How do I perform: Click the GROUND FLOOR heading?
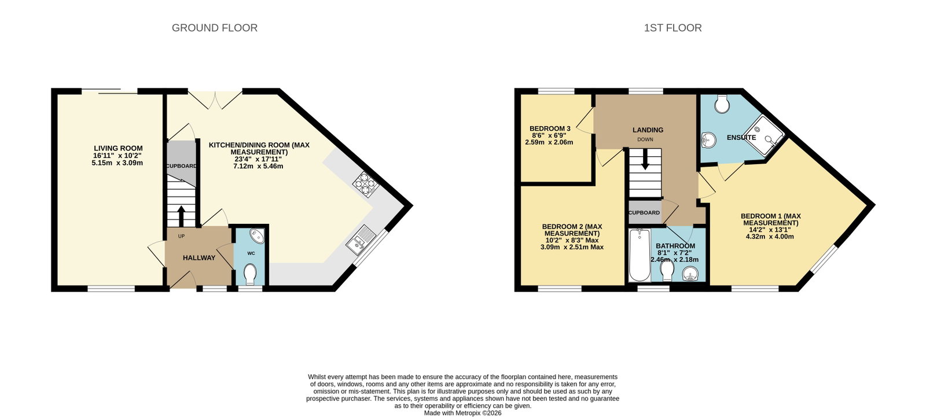click(x=215, y=28)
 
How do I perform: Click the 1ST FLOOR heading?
click(x=673, y=28)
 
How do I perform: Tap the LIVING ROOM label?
click(x=118, y=148)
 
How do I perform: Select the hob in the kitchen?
click(x=366, y=183)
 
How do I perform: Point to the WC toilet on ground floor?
click(x=249, y=274)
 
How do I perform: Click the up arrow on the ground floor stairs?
click(x=181, y=216)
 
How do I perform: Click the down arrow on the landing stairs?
click(x=645, y=160)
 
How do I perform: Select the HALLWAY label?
click(x=199, y=258)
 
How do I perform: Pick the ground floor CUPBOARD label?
click(x=182, y=166)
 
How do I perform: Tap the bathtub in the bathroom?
click(x=639, y=255)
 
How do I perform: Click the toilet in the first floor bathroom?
click(x=667, y=271)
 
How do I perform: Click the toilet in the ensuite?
click(x=722, y=104)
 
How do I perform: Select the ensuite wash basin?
click(x=708, y=140)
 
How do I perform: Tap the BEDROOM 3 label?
click(x=550, y=128)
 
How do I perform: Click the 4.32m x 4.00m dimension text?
click(x=770, y=237)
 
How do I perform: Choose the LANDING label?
click(x=648, y=130)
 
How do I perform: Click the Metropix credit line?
click(x=462, y=413)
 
